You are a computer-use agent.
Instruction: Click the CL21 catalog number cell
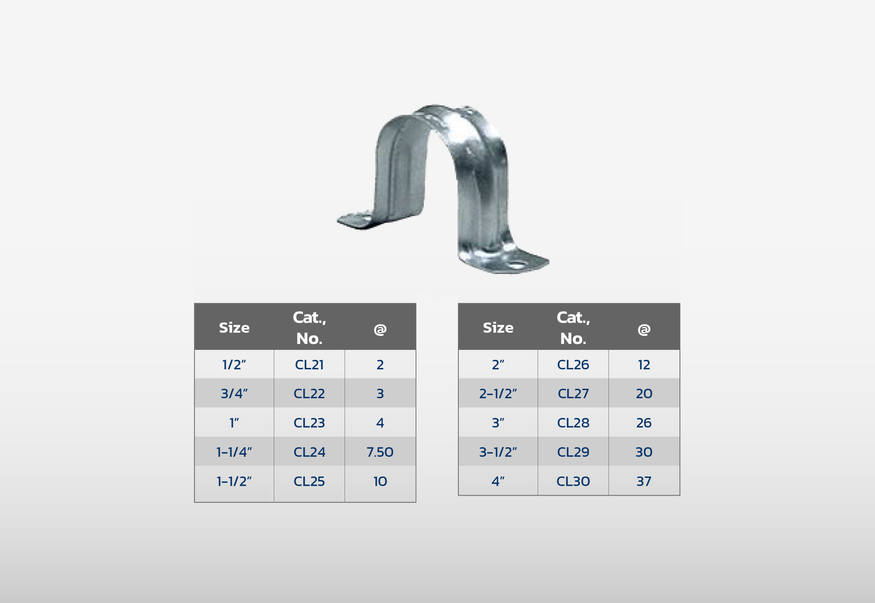click(309, 365)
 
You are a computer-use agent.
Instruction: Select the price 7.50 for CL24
click(380, 452)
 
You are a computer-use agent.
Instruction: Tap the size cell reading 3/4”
click(234, 394)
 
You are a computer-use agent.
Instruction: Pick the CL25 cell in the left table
click(309, 481)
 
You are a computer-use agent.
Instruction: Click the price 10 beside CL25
click(380, 481)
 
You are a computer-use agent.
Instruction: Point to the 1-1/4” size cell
click(234, 452)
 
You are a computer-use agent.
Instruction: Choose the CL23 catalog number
click(309, 423)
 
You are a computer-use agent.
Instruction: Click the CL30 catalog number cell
click(573, 481)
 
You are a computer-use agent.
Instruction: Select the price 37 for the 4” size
click(644, 481)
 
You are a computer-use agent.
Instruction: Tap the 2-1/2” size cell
click(498, 394)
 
